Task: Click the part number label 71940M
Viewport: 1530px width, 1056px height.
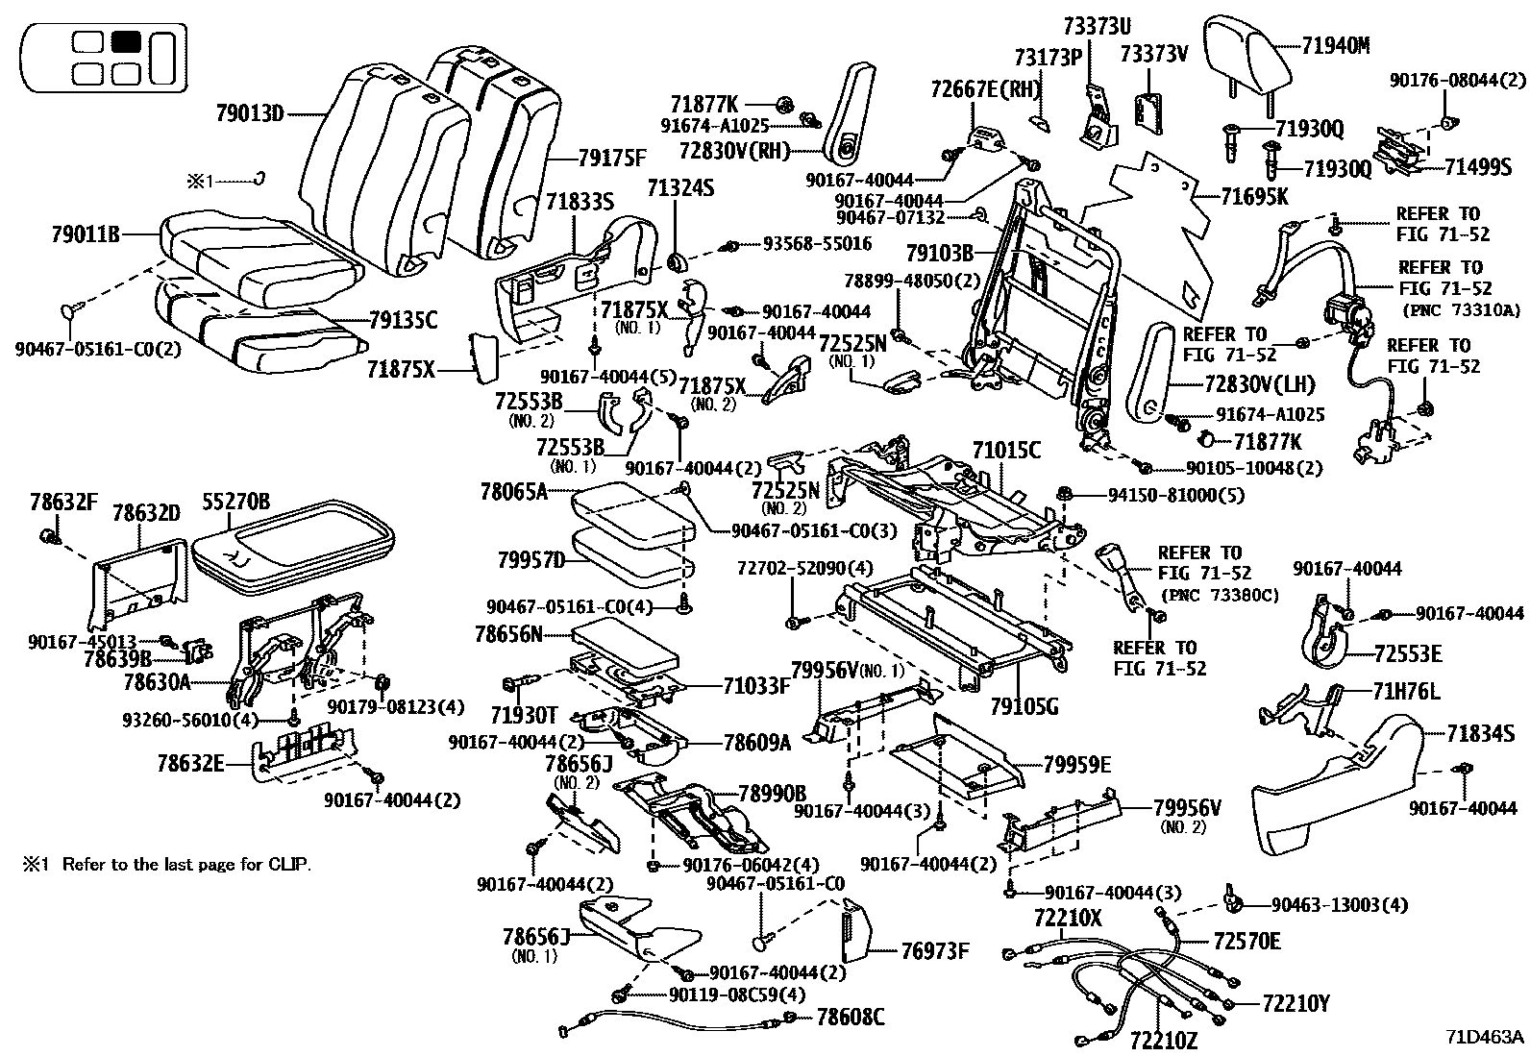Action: [1336, 45]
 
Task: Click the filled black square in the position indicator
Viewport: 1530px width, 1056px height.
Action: [126, 41]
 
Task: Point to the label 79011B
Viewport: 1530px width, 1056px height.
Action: [86, 233]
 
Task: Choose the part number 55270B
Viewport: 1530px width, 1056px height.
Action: [235, 502]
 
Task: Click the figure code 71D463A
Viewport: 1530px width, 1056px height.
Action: [1485, 1037]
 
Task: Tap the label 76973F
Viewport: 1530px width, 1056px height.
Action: [934, 951]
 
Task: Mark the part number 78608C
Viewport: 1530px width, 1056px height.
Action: [850, 1016]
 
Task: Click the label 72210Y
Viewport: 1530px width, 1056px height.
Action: [1296, 1004]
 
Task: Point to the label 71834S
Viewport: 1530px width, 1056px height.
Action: [1481, 734]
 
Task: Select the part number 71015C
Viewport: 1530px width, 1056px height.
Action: [1006, 450]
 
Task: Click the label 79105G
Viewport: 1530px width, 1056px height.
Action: [1024, 707]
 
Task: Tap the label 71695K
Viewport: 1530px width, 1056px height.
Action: [1255, 197]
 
